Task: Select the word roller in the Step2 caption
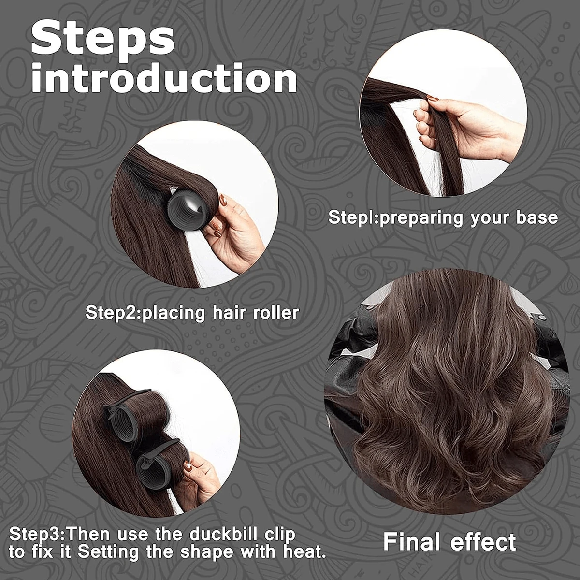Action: click(276, 313)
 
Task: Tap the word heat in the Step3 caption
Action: click(307, 551)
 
